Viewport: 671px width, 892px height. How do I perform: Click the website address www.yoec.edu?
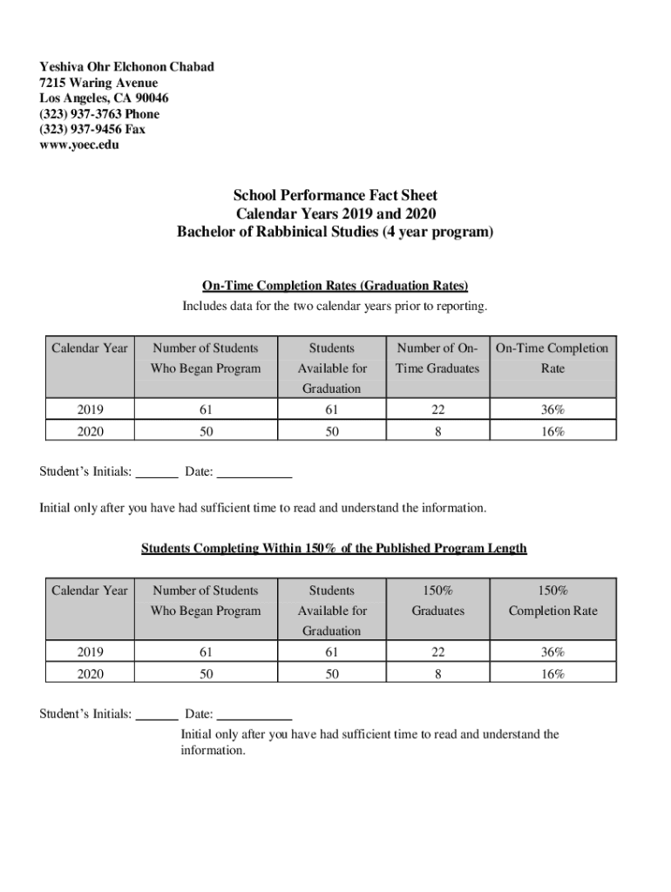pyautogui.click(x=79, y=145)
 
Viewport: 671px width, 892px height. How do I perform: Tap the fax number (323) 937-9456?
pyautogui.click(x=92, y=129)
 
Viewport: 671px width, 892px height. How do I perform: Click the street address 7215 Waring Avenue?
pyautogui.click(x=98, y=83)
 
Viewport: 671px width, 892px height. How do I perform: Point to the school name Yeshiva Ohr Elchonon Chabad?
pyautogui.click(x=126, y=67)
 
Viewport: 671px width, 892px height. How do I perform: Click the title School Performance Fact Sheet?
pyautogui.click(x=335, y=195)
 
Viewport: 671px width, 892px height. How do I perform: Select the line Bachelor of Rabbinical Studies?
pyautogui.click(x=335, y=232)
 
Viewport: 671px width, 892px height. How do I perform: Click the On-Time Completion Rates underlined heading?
pyautogui.click(x=335, y=285)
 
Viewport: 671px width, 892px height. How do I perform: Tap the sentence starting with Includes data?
pyautogui.click(x=335, y=306)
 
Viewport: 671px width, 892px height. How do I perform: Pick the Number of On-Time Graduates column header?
pyautogui.click(x=437, y=358)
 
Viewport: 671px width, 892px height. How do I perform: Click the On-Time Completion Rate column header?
pyautogui.click(x=552, y=358)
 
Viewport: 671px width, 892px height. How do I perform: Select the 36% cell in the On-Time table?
pyautogui.click(x=552, y=409)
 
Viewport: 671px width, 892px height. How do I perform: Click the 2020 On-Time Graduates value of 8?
pyautogui.click(x=437, y=431)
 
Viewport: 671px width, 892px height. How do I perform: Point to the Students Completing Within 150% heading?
pyautogui.click(x=334, y=548)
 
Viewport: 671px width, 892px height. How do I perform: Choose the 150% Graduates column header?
pyautogui.click(x=437, y=600)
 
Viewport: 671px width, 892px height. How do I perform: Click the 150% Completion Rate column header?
pyautogui.click(x=552, y=600)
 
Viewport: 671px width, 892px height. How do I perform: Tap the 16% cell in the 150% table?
pyautogui.click(x=552, y=673)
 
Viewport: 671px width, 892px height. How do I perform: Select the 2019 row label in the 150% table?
pyautogui.click(x=89, y=652)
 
